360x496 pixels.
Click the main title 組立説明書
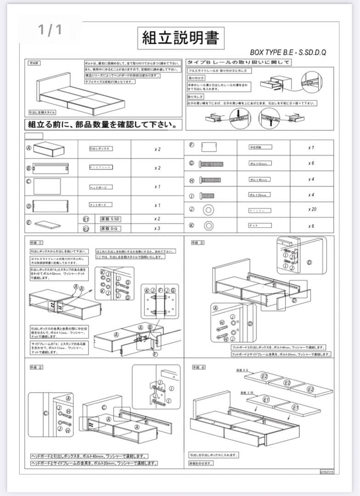coord(180,38)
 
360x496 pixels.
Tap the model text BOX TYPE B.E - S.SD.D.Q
coord(288,52)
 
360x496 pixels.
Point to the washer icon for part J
coord(208,210)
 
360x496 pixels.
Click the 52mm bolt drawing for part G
coord(211,163)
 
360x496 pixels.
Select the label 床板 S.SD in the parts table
coord(110,219)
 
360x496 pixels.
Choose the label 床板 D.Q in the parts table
coord(110,228)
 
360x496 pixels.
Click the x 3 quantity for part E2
coord(157,228)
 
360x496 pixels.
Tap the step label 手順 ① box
coord(37,242)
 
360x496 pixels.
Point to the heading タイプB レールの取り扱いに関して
coord(238,62)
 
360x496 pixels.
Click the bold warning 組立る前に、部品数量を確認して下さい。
coord(102,124)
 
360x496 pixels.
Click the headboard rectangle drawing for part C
coord(47,186)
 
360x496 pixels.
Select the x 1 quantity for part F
coord(311,148)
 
